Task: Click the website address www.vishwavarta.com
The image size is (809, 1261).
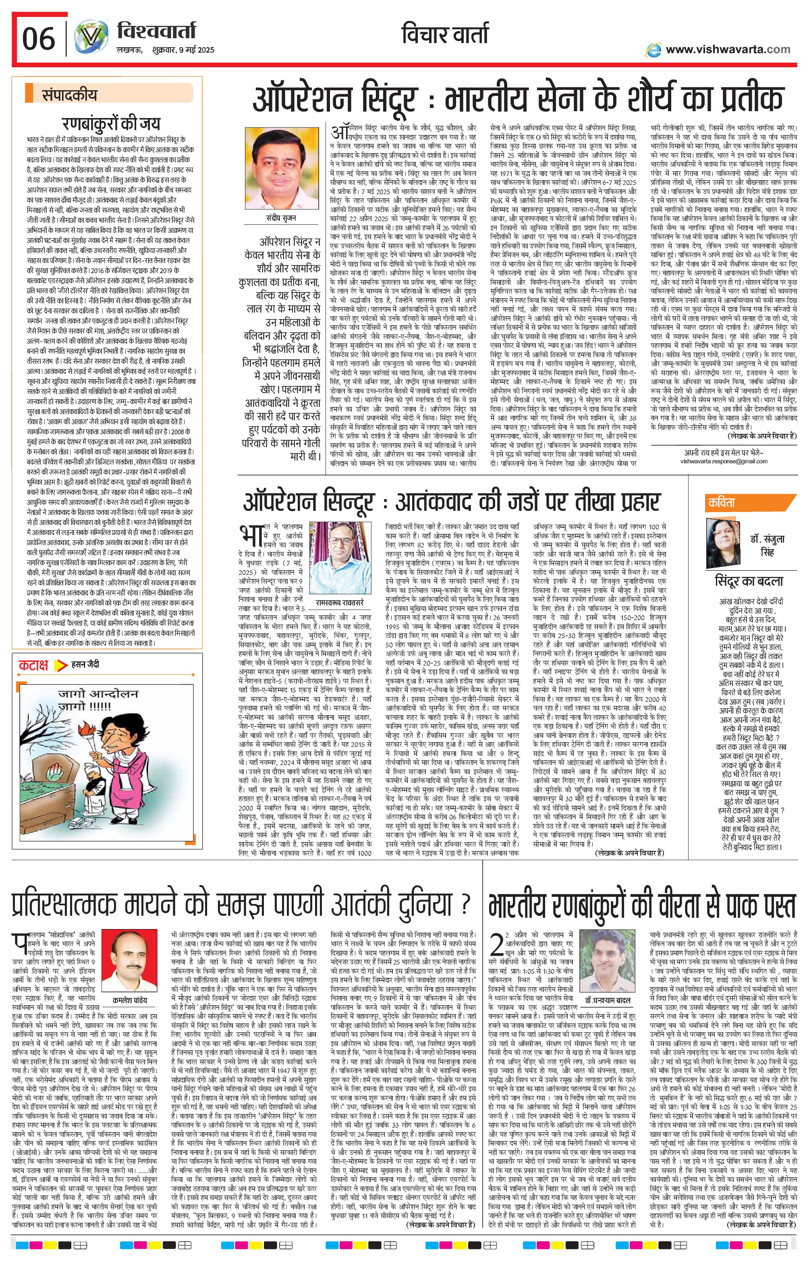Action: click(x=728, y=50)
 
